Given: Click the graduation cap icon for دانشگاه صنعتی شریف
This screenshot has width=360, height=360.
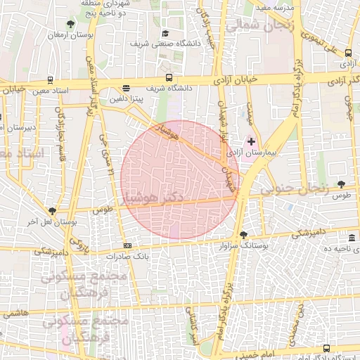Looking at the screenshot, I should (165, 33).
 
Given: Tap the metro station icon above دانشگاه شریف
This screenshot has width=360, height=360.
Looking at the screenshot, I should (169, 77).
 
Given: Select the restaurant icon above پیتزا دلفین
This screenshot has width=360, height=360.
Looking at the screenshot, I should (126, 89).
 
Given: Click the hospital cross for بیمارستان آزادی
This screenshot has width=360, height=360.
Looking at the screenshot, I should (252, 141).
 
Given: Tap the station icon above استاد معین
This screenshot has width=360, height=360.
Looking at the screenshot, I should (49, 80).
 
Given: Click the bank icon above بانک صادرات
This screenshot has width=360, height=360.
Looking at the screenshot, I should (127, 245).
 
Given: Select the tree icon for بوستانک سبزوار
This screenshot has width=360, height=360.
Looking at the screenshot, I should (243, 235).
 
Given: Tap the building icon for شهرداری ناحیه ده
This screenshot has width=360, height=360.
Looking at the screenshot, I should (352, 239).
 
